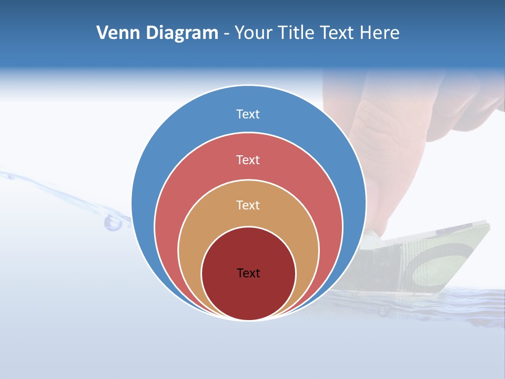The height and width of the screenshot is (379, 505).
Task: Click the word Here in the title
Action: tap(380, 33)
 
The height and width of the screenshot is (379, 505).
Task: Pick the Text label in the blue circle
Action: tap(248, 114)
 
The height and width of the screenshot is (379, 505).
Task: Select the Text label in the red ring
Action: tap(248, 159)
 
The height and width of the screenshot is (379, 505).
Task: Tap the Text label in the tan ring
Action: tap(248, 205)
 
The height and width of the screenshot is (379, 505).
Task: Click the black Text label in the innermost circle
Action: tap(248, 273)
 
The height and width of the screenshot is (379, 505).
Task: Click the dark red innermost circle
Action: tap(248, 295)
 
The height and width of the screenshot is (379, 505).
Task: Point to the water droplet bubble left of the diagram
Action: tap(113, 223)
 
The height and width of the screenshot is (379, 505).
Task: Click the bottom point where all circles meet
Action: tap(248, 320)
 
